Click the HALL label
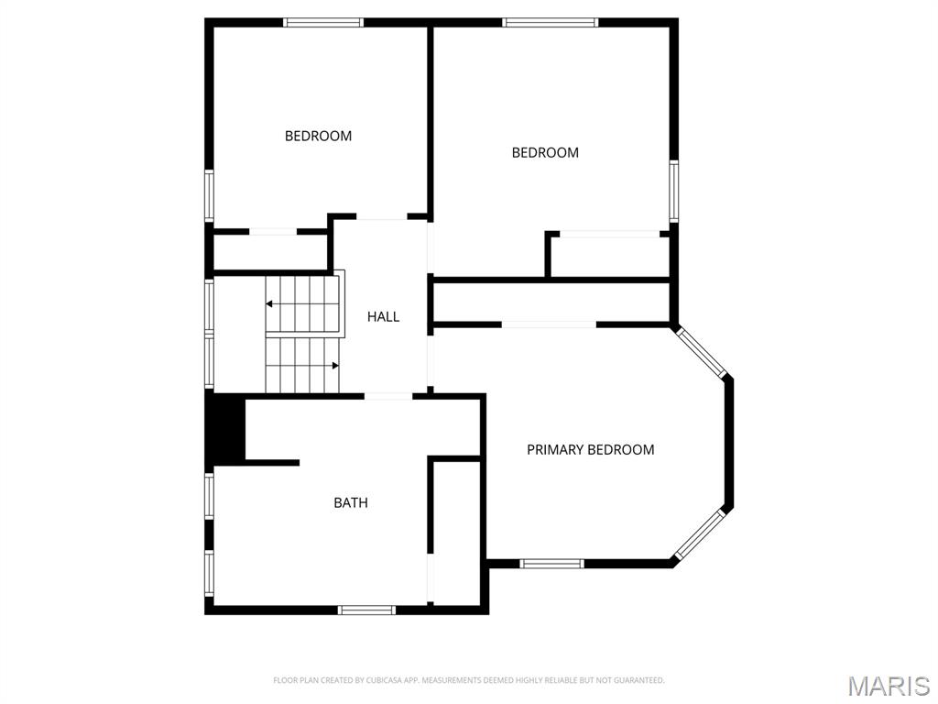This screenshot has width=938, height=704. [x=383, y=317]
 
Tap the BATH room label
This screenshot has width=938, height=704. [x=351, y=502]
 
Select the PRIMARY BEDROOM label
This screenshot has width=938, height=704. [x=590, y=450]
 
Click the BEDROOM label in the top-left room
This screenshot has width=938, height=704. [x=318, y=136]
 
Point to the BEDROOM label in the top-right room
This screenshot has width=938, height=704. [x=545, y=153]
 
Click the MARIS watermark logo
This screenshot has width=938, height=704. [x=888, y=686]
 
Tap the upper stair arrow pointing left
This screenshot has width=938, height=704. [x=270, y=303]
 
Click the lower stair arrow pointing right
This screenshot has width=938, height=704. [x=335, y=365]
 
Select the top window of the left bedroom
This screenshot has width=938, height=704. [x=323, y=22]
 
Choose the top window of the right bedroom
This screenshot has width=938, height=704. [x=550, y=22]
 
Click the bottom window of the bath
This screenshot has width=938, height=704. [x=366, y=610]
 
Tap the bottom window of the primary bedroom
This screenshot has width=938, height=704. [x=551, y=564]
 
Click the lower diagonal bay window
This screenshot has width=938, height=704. [x=701, y=534]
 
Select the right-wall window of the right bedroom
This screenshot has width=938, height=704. [x=673, y=191]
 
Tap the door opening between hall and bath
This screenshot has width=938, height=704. [x=388, y=396]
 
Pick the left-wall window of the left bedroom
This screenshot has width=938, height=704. [x=209, y=195]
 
